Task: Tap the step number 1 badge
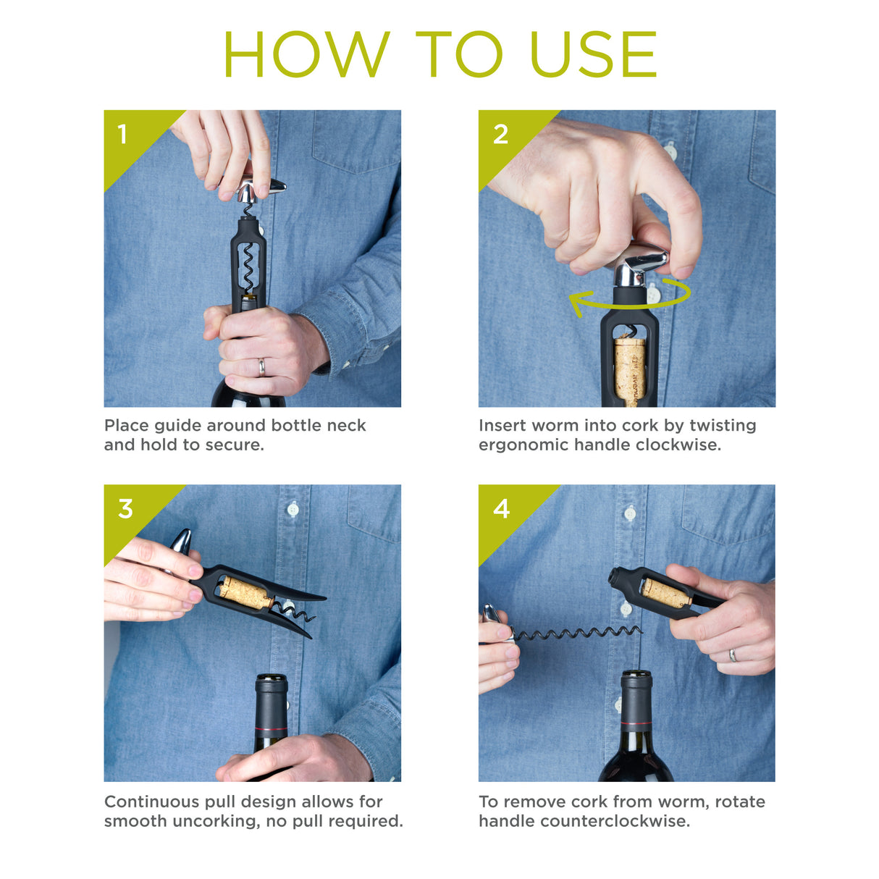coord(122,134)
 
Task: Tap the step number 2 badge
coord(500,134)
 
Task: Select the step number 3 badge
coord(125,509)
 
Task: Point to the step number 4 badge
coord(501,509)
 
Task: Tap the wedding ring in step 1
coord(262,367)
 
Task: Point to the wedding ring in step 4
coord(733,655)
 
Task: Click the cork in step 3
coord(245,592)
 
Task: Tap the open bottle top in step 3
coord(272,681)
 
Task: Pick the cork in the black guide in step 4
coord(665,593)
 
